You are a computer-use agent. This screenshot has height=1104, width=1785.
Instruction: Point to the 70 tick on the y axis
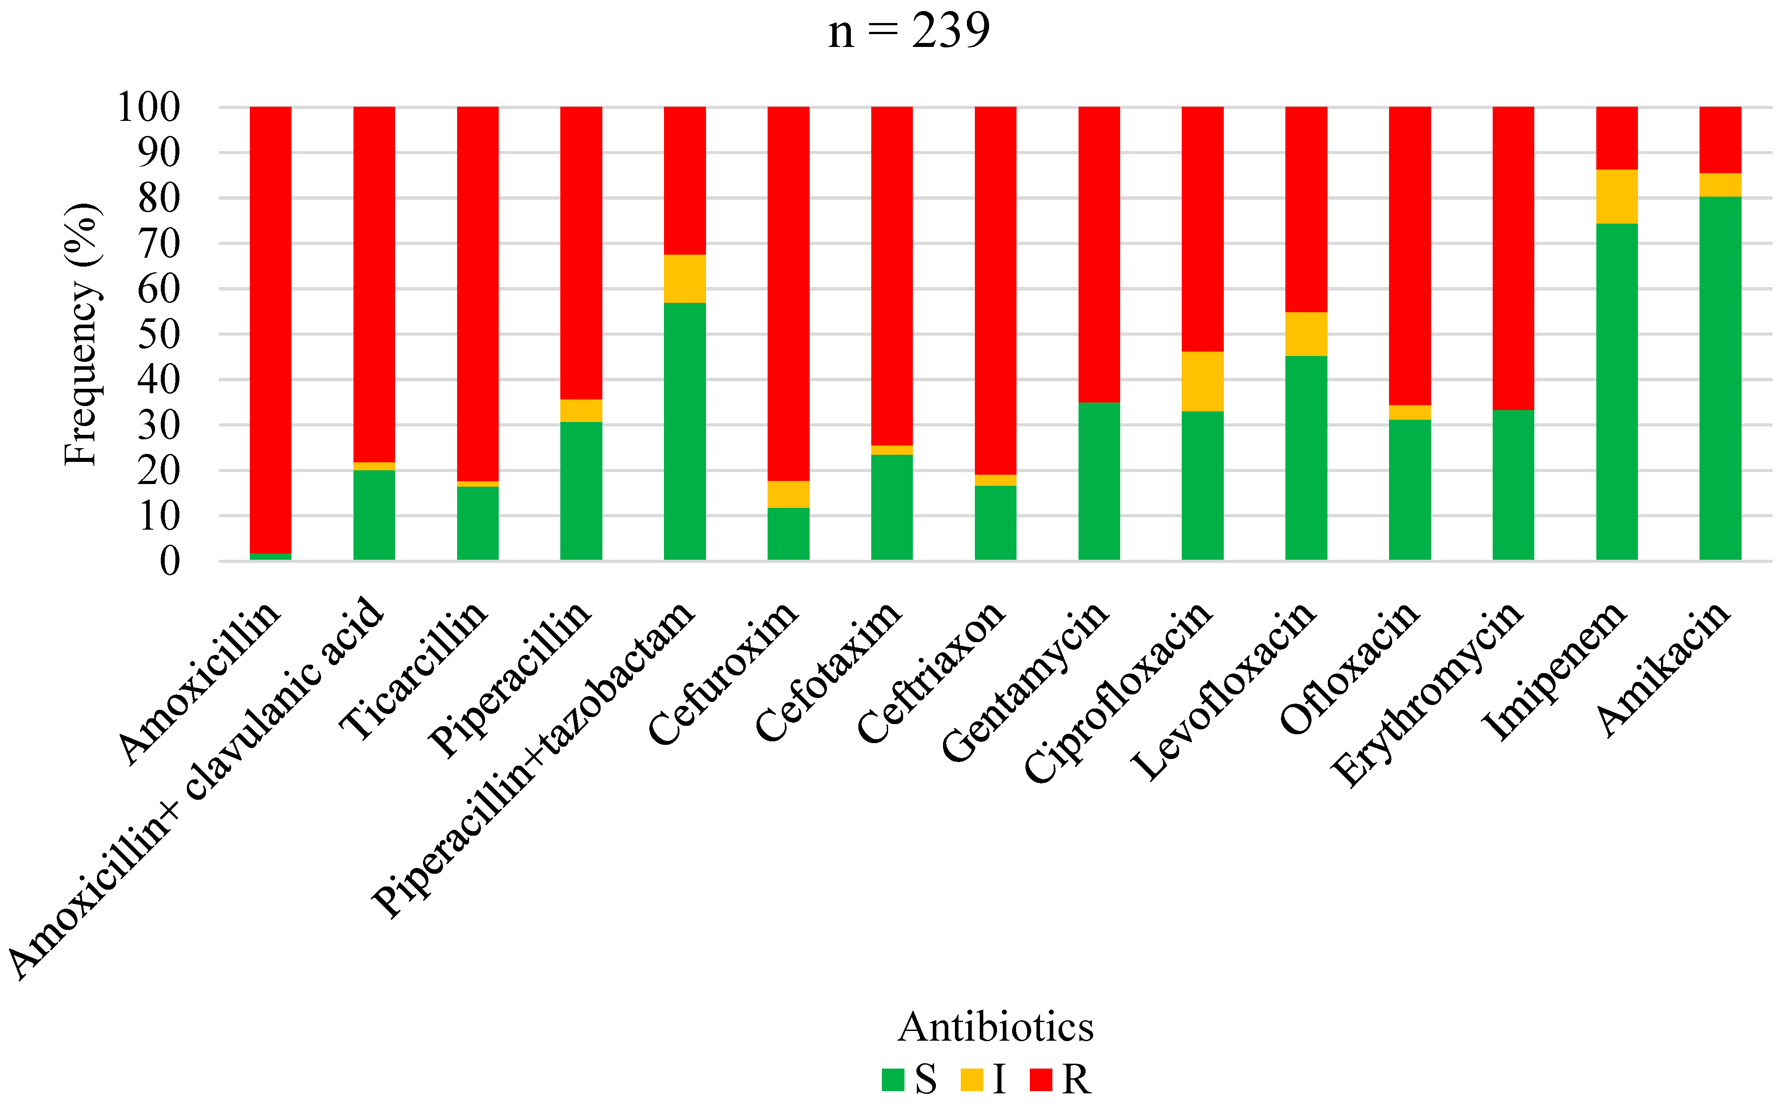(x=159, y=244)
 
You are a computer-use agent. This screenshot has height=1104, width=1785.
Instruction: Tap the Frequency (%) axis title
(x=82, y=334)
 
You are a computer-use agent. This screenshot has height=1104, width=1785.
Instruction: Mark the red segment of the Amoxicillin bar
(x=270, y=329)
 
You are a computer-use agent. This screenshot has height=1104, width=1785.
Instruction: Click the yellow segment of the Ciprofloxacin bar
(x=1202, y=381)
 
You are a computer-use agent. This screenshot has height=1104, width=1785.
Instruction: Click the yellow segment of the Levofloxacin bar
(x=1306, y=334)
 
